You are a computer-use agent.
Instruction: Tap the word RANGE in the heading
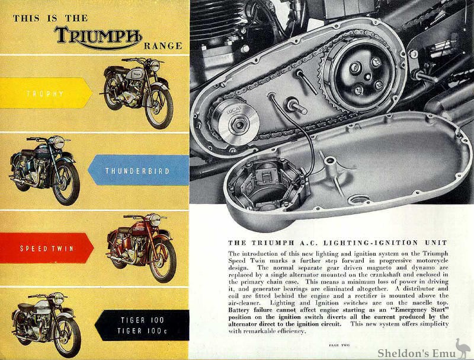pos(163,46)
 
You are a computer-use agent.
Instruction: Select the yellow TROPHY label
pos(46,93)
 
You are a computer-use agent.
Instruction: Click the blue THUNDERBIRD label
pos(139,170)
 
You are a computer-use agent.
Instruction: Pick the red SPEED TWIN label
pos(47,249)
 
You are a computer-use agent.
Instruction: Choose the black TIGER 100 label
pos(142,325)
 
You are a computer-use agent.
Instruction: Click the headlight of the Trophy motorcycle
pos(155,66)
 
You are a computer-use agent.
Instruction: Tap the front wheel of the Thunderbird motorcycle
pos(66,183)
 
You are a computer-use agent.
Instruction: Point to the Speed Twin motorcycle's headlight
pos(155,220)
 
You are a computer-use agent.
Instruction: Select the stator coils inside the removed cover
pos(268,184)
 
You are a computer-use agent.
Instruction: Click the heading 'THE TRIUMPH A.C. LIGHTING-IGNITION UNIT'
pos(337,243)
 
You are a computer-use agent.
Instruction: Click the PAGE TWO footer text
pos(339,345)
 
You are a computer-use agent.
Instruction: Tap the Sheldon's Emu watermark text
pos(417,353)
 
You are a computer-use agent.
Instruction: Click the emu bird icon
pos(462,348)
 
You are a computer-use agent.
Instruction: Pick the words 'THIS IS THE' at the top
pos(50,18)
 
